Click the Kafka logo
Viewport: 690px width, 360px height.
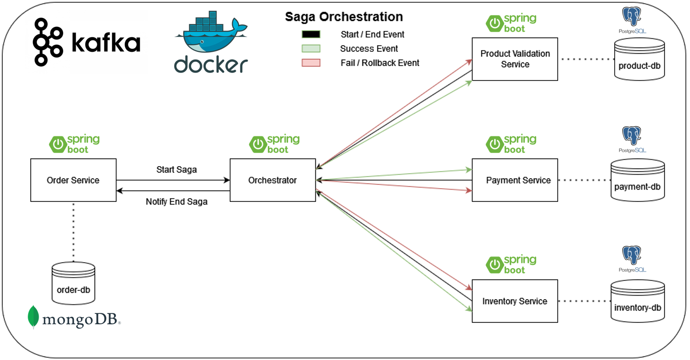[x=87, y=42]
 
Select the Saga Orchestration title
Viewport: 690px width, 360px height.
[x=344, y=17]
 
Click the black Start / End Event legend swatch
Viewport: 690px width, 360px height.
[x=311, y=34]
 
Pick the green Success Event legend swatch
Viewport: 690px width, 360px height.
[x=311, y=48]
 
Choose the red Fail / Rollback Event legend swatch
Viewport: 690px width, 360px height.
[x=311, y=63]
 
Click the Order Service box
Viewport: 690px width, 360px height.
[x=73, y=180]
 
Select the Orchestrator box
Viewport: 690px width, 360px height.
[x=273, y=180]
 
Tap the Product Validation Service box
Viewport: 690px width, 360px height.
[x=515, y=59]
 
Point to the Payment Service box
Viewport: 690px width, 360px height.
[x=515, y=180]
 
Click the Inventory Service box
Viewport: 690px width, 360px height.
[x=515, y=301]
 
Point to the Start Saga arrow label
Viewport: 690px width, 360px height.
[x=177, y=169]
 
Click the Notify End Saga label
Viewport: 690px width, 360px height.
[x=177, y=202]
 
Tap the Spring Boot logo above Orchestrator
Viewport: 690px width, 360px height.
[x=274, y=144]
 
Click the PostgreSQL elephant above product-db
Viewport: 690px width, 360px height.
[x=632, y=18]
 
